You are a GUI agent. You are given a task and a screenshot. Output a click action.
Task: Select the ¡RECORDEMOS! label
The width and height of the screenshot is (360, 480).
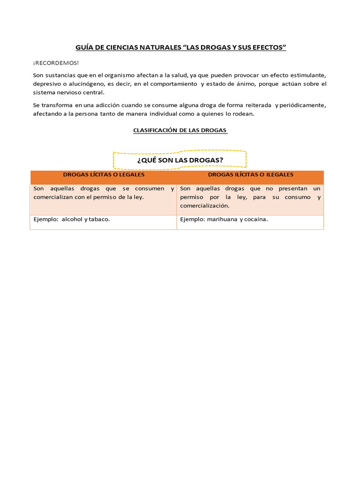tap(49, 63)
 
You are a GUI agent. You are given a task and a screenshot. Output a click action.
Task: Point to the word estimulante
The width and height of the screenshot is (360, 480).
tap(307, 75)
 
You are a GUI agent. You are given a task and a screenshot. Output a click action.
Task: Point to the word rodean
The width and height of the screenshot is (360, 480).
tap(243, 114)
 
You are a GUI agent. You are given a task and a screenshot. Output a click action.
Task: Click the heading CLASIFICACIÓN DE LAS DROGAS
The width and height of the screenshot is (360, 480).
tap(180, 130)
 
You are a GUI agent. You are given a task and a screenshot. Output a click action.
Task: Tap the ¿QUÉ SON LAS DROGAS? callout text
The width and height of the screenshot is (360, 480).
tap(180, 160)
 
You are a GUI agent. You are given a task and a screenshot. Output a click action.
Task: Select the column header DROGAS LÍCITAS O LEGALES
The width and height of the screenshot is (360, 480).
tap(104, 174)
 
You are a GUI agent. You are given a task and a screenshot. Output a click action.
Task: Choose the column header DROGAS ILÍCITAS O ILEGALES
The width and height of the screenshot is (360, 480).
tap(250, 174)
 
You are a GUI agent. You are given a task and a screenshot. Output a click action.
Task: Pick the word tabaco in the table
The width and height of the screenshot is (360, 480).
tap(99, 219)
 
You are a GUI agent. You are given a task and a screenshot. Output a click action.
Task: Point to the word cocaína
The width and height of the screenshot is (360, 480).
tap(256, 219)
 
